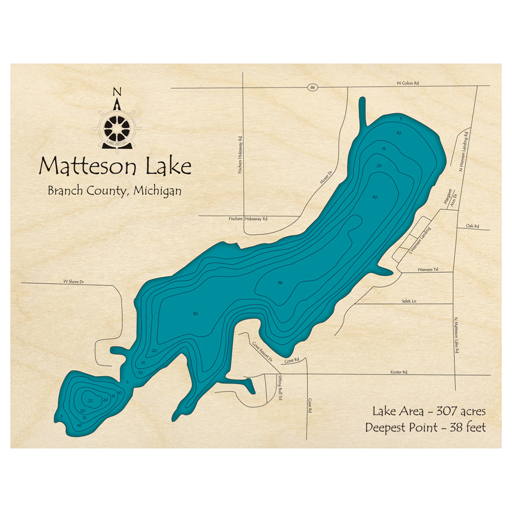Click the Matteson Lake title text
(x=115, y=166)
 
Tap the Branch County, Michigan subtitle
(x=115, y=190)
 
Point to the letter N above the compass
(x=117, y=92)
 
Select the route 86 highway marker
(x=312, y=88)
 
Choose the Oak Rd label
(x=472, y=226)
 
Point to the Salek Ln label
(x=409, y=302)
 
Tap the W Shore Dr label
(x=73, y=282)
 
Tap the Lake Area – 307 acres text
(x=429, y=411)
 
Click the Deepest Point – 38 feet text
(x=425, y=427)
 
